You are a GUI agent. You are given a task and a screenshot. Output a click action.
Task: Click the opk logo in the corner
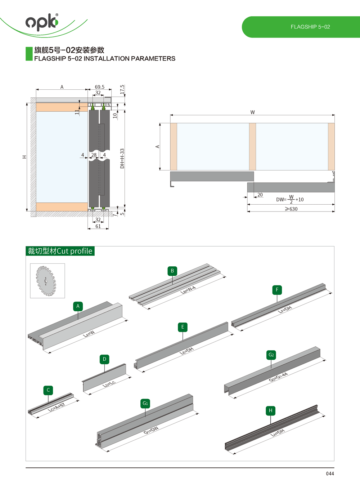pyautogui.click(x=42, y=22)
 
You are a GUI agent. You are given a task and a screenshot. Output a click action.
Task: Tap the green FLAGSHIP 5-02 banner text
pyautogui.click(x=310, y=27)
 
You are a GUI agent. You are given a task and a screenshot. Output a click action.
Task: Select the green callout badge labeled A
pyautogui.click(x=78, y=306)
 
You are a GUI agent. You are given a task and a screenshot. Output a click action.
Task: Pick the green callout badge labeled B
pyautogui.click(x=172, y=271)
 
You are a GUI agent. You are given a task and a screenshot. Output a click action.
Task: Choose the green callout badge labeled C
pyautogui.click(x=48, y=390)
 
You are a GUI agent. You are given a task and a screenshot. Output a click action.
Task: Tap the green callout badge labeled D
pyautogui.click(x=104, y=359)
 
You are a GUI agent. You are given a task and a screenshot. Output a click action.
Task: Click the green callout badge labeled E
pyautogui.click(x=183, y=327)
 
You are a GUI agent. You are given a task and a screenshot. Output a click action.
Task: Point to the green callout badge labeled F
pyautogui.click(x=277, y=290)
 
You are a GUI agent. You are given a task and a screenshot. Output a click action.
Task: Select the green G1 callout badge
pyautogui.click(x=145, y=403)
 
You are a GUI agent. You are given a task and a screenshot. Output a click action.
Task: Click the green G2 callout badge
pyautogui.click(x=271, y=355)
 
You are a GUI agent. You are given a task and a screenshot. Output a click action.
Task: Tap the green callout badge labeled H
pyautogui.click(x=271, y=410)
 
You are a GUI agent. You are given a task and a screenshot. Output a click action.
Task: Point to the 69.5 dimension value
pyautogui.click(x=100, y=87)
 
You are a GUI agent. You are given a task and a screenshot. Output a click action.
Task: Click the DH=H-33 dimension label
pyautogui.click(x=122, y=159)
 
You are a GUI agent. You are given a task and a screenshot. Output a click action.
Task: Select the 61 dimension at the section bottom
pyautogui.click(x=98, y=226)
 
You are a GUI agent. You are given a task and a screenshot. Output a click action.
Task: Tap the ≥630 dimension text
pyautogui.click(x=291, y=209)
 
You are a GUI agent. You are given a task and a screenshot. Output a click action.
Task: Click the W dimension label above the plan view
pyautogui.click(x=252, y=112)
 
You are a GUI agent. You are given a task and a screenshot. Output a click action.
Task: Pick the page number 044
pyautogui.click(x=330, y=474)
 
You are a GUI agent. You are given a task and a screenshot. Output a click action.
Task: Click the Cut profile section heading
pyautogui.click(x=60, y=251)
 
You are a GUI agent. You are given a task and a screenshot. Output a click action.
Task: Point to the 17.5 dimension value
pyautogui.click(x=122, y=89)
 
